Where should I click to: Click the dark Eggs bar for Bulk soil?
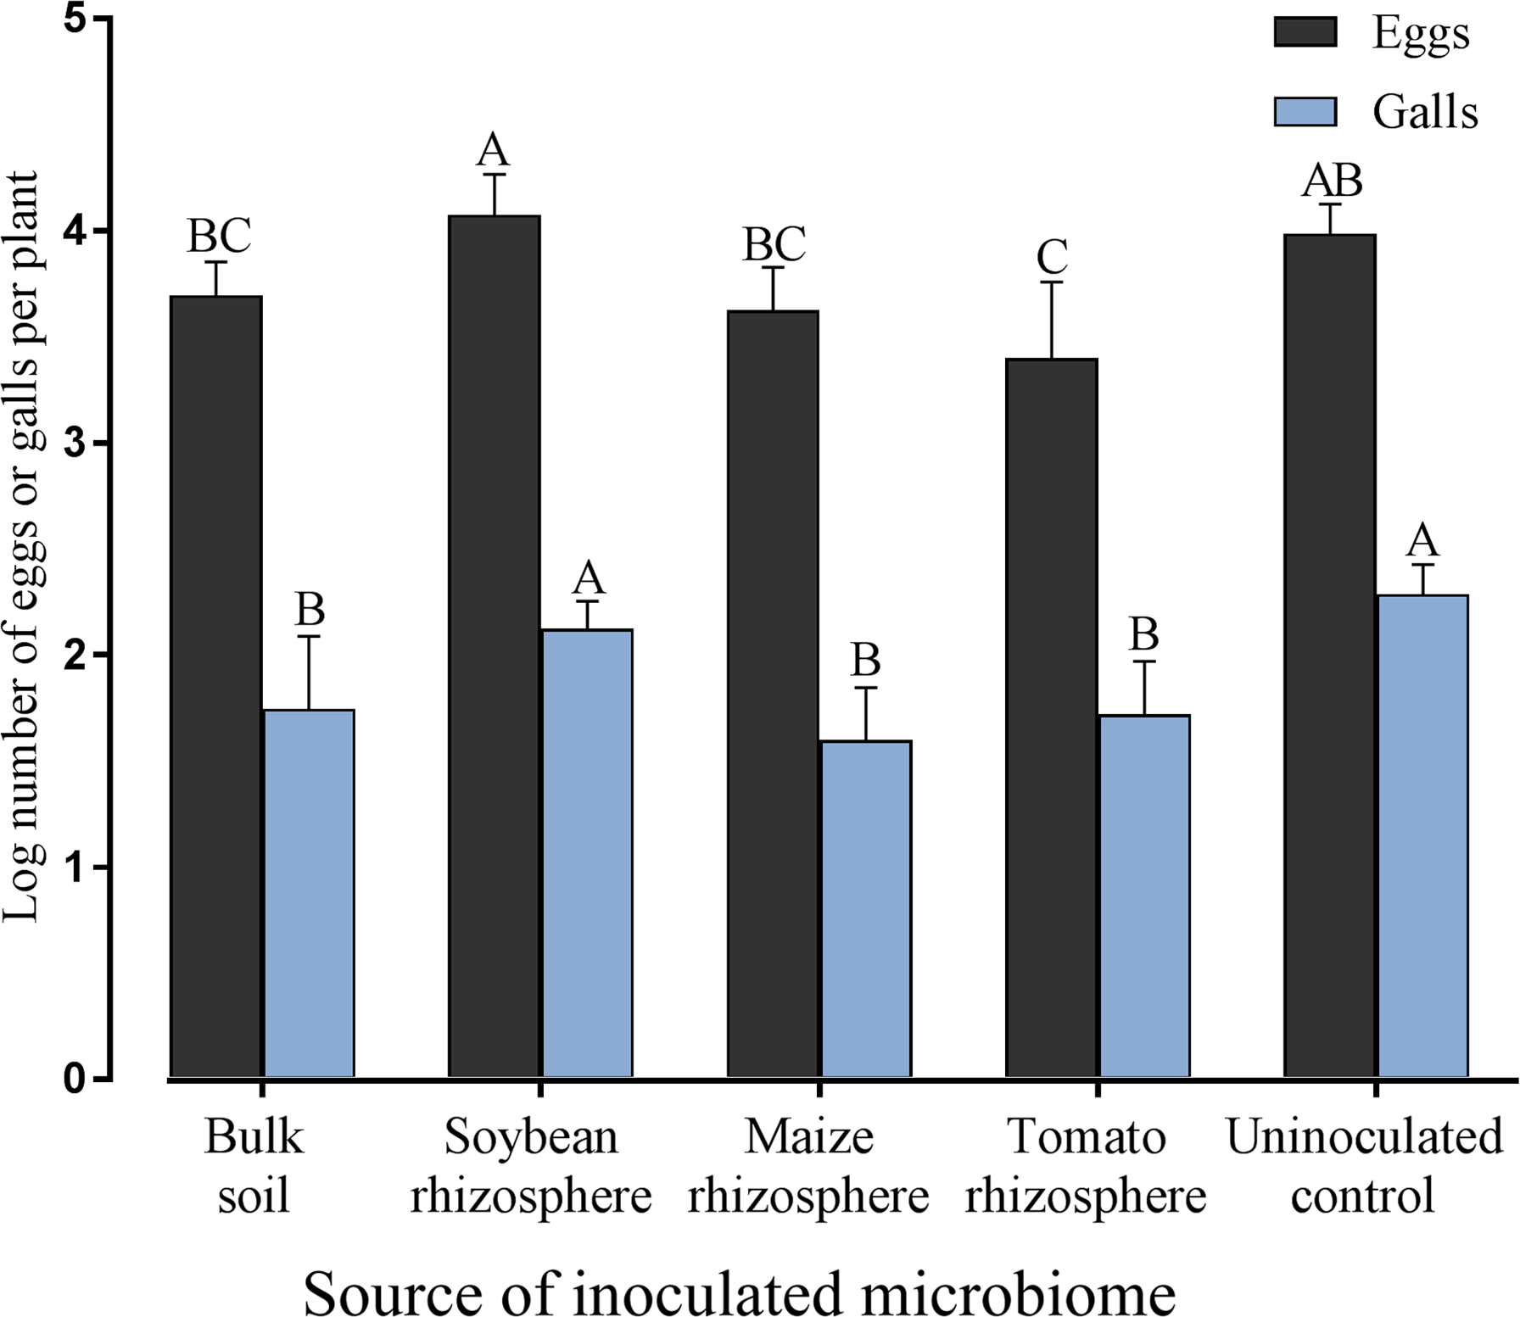coord(216,687)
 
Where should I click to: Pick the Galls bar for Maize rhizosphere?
coord(866,908)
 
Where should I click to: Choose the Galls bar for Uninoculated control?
coord(1422,835)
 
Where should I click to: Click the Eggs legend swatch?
coord(1305,32)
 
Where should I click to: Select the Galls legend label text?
coord(1425,112)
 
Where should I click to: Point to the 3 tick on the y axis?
coord(100,443)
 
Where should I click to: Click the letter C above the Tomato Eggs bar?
coord(1052,256)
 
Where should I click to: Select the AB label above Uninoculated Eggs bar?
coord(1333,180)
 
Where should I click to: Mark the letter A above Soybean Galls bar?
coord(588,579)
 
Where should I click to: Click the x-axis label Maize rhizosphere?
coord(808,1166)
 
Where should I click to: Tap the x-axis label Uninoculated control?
coord(1364,1166)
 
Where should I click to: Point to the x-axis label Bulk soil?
coord(254,1166)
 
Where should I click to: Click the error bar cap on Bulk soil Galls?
coord(309,636)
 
